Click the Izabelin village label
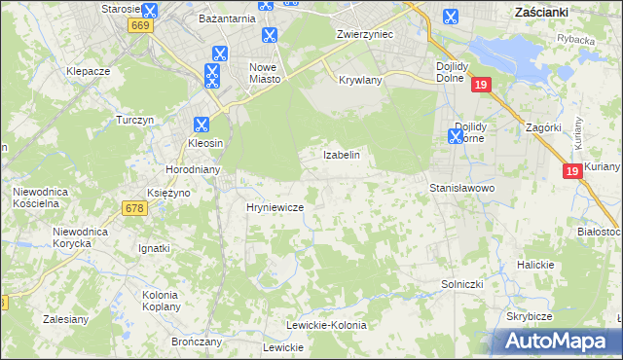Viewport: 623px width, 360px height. point(342,155)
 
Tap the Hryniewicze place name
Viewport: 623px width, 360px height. point(275,207)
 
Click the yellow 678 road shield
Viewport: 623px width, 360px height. point(134,207)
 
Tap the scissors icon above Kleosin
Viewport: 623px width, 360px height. point(201,125)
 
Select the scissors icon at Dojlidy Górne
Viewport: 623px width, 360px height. point(455,137)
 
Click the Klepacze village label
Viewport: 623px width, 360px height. point(87,72)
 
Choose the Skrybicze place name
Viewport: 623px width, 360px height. point(529,317)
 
